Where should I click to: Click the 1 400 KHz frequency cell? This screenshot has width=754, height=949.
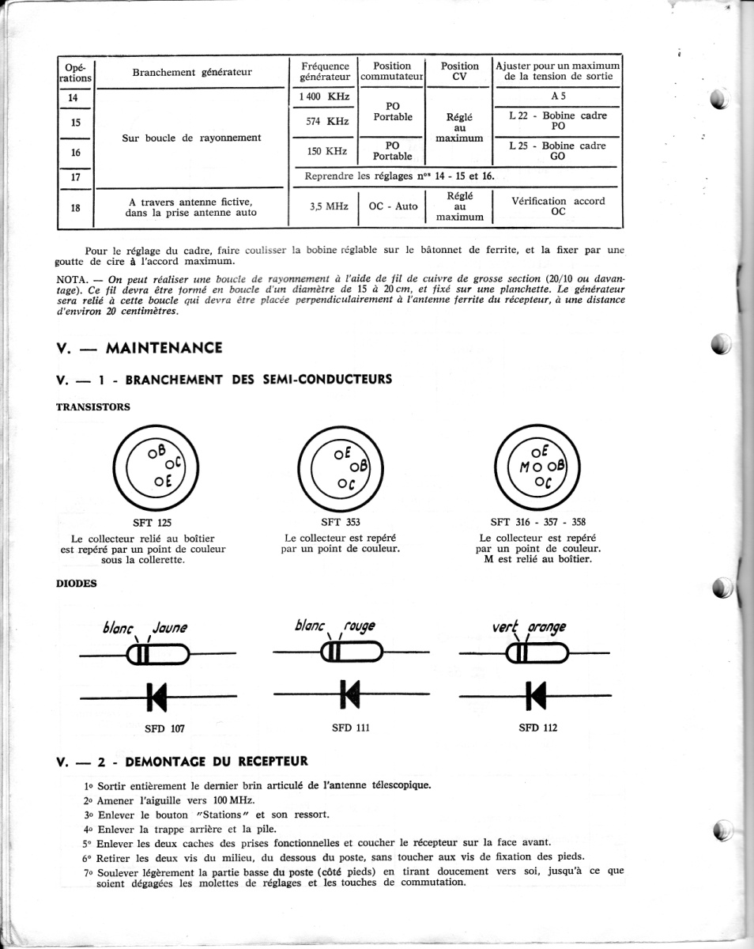[x=324, y=96]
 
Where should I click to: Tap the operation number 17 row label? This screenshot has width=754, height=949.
[x=76, y=177]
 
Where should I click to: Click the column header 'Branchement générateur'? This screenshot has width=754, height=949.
[x=192, y=72]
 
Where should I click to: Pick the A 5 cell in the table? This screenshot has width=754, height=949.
[x=558, y=96]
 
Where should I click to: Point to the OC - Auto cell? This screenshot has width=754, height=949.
[x=393, y=206]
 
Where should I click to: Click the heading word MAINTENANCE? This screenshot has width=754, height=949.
[x=164, y=348]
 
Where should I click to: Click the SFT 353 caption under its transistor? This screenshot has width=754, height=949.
[x=341, y=522]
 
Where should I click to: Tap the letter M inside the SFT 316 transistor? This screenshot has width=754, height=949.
[x=523, y=467]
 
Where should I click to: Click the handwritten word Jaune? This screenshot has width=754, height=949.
[x=170, y=628]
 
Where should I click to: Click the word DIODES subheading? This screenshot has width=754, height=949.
[x=77, y=583]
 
